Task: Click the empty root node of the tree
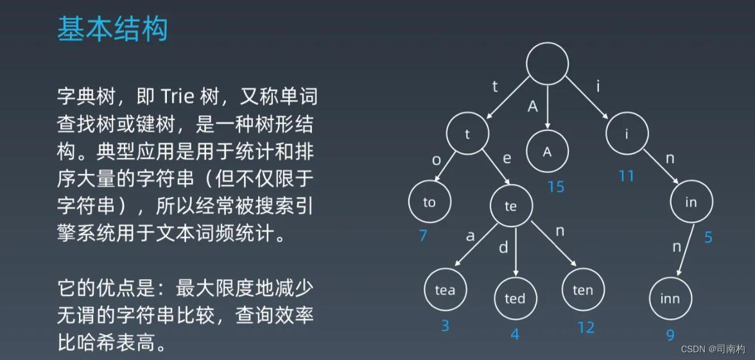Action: click(547, 63)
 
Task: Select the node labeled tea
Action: click(445, 290)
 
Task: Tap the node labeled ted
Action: click(515, 298)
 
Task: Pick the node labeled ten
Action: click(582, 290)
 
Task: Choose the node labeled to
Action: click(430, 202)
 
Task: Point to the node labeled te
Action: click(511, 206)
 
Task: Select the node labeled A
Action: click(547, 152)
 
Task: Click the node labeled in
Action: click(691, 203)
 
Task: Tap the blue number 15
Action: click(555, 187)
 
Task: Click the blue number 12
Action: click(586, 327)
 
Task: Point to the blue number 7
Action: click(422, 236)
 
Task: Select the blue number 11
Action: click(626, 175)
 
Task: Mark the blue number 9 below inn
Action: click(670, 335)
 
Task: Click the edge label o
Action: click(437, 160)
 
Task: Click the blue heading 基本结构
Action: click(112, 30)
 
